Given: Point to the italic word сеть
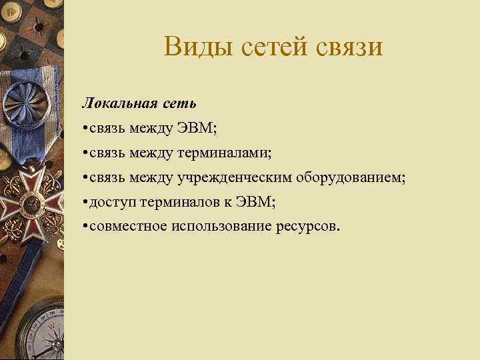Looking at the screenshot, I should [178, 103].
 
